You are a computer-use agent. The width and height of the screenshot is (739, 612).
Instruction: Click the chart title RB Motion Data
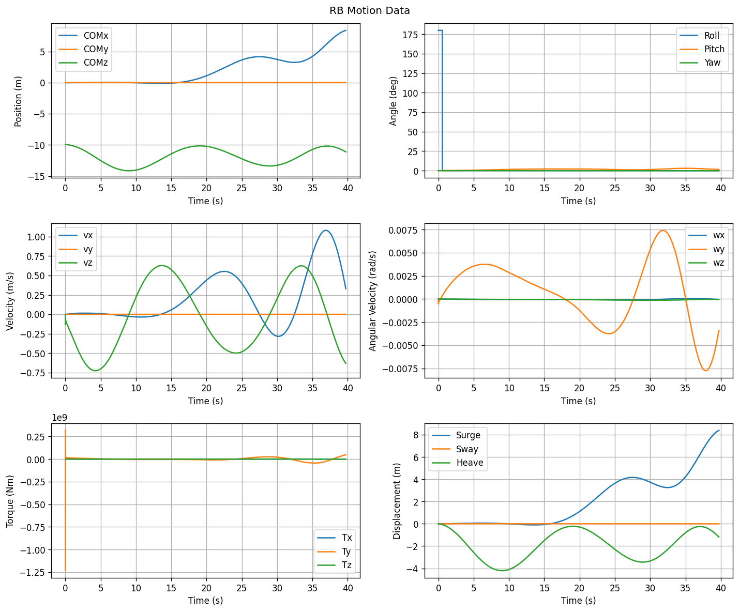pos(369,11)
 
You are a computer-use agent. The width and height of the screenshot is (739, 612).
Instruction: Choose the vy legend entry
pos(76,249)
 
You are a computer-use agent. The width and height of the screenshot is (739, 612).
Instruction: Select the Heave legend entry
pos(458,463)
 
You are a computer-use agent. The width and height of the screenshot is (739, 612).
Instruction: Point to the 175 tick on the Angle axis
pos(410,35)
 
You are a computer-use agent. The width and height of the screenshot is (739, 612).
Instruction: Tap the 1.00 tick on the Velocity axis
pos(36,237)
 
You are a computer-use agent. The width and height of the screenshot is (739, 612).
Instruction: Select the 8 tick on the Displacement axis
pos(415,435)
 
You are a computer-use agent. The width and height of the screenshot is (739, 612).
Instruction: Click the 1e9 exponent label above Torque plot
pos(59,418)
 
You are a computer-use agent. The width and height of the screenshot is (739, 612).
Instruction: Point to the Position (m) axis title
pos(18,101)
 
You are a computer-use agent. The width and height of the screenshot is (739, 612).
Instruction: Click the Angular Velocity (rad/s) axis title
pos(372,301)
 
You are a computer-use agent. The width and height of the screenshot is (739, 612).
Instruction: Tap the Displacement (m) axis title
pos(397,501)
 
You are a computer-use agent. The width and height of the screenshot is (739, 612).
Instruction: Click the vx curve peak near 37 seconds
pos(326,231)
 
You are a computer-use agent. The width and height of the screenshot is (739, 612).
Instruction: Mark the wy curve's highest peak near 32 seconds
pos(662,231)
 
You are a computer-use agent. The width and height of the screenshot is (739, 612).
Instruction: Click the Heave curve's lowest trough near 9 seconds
pos(502,570)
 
